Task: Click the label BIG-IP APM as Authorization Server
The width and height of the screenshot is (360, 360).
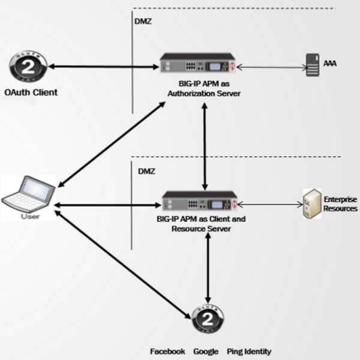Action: pyautogui.click(x=197, y=89)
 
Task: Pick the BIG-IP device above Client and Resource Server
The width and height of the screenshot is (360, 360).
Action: pyautogui.click(x=200, y=203)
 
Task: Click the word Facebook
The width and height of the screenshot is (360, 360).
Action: pyautogui.click(x=167, y=352)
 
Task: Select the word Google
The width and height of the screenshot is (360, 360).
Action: pyautogui.click(x=205, y=352)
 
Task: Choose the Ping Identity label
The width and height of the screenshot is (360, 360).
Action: pyautogui.click(x=250, y=352)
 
